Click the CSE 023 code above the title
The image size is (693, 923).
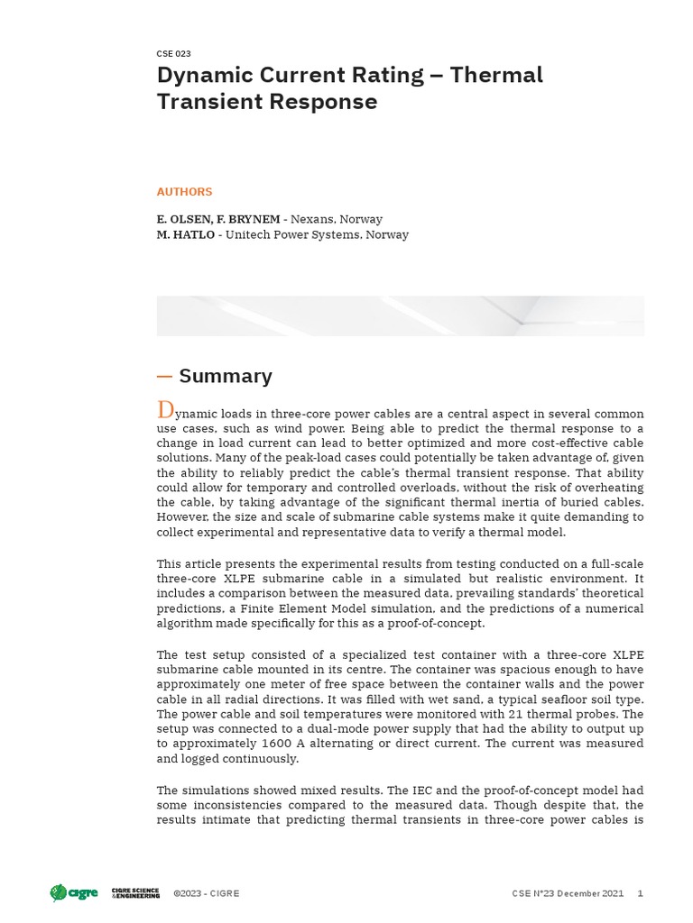pyautogui.click(x=173, y=54)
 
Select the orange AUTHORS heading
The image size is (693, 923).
pyautogui.click(x=184, y=192)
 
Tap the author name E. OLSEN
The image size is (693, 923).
pyautogui.click(x=186, y=219)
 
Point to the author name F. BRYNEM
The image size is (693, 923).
pyautogui.click(x=248, y=219)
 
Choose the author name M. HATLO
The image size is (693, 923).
pyautogui.click(x=185, y=234)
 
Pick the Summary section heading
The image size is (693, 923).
pyautogui.click(x=226, y=376)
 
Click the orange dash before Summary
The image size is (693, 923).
pyautogui.click(x=164, y=376)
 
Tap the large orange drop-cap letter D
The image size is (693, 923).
pyautogui.click(x=165, y=410)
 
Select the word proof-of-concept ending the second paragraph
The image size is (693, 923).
pyautogui.click(x=435, y=624)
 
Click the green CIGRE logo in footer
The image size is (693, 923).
pyautogui.click(x=72, y=893)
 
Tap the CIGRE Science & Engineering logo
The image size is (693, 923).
pyautogui.click(x=135, y=893)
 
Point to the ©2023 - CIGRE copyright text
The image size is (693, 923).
pyautogui.click(x=206, y=893)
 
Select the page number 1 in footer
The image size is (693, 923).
pyautogui.click(x=641, y=893)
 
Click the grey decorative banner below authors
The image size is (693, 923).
pyautogui.click(x=400, y=315)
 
